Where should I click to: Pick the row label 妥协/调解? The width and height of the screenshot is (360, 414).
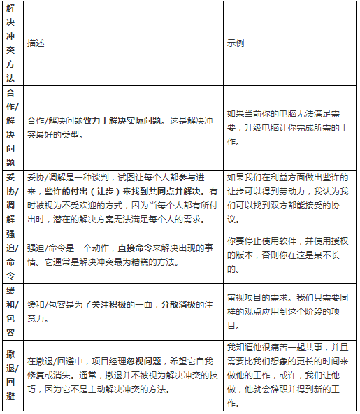tap(10, 197)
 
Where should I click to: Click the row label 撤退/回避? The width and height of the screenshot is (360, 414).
tap(10, 374)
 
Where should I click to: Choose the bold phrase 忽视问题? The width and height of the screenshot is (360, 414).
tap(145, 362)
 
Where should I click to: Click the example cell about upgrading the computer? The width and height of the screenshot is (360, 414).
tap(290, 127)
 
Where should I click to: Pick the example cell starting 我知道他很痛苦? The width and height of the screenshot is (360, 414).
tap(290, 374)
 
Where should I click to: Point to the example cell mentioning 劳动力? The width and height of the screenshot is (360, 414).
tap(290, 197)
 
